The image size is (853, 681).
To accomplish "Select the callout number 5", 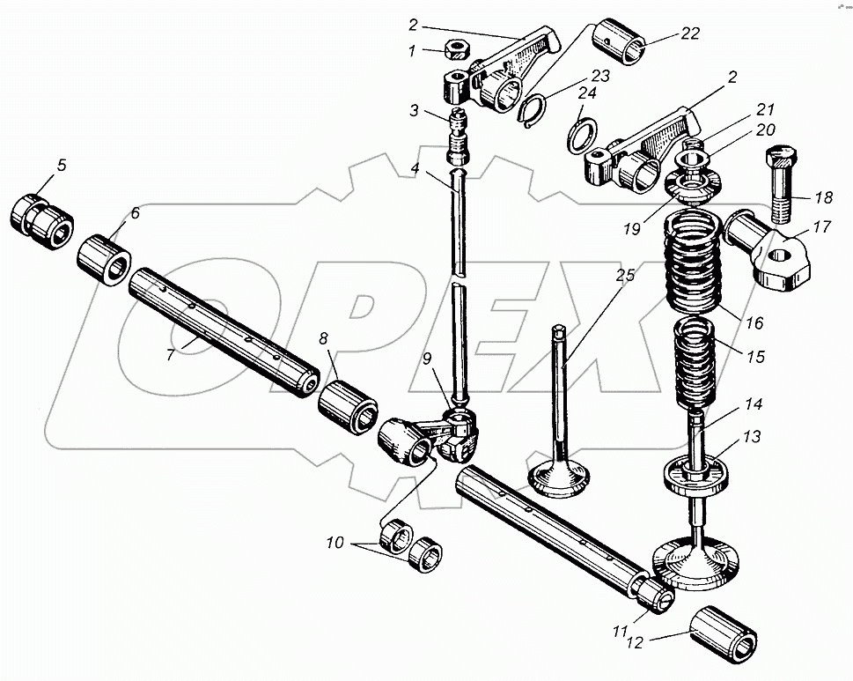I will tap(61, 164).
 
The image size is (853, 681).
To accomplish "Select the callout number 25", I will tap(624, 276).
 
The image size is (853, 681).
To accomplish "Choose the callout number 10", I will tap(335, 544).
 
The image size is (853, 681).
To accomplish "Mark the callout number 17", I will tap(820, 227).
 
